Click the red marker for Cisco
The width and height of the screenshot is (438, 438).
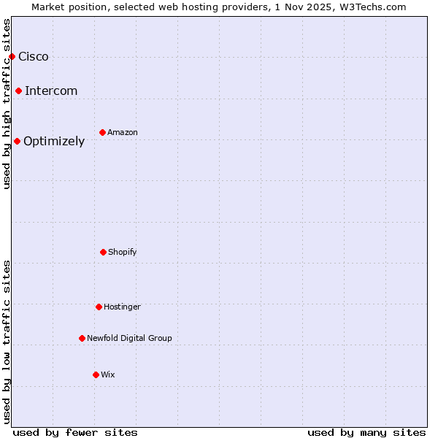coord(12,56)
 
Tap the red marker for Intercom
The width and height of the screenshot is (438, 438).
coord(18,91)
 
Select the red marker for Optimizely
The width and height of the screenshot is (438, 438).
coord(17,141)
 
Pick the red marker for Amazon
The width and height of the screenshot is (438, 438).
coord(102,132)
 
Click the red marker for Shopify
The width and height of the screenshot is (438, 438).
coord(103,252)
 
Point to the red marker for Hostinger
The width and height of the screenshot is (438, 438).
coord(99,307)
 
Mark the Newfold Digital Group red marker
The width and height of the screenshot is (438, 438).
coord(82,338)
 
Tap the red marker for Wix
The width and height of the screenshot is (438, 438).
coord(96,374)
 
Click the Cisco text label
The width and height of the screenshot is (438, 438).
coord(34,57)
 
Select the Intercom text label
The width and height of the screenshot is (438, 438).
coord(51,91)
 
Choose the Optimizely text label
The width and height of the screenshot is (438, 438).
coord(54,142)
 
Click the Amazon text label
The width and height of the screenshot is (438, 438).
coord(123,133)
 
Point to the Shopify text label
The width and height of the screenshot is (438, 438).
coord(123,253)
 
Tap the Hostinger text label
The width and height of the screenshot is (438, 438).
coord(122,307)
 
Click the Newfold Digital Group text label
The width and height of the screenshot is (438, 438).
coord(129,339)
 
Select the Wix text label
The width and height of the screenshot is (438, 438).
coord(108,375)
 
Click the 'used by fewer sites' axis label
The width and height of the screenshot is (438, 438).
coord(75,432)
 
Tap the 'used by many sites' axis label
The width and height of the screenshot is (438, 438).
coord(366,432)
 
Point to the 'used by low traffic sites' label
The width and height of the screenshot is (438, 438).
coord(7,342)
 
